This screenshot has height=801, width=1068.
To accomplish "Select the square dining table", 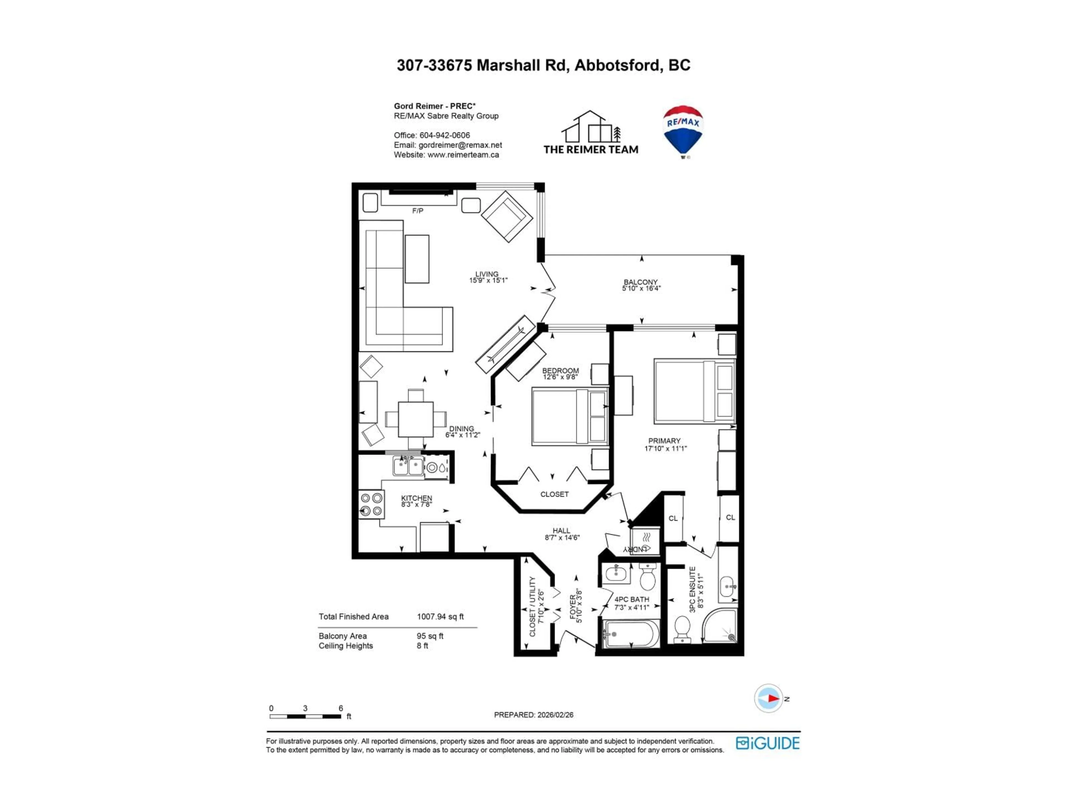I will tap(416, 419).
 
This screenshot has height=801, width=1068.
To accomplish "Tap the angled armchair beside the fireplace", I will tap(506, 216).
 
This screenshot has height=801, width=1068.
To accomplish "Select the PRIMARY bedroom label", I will tap(664, 441).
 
